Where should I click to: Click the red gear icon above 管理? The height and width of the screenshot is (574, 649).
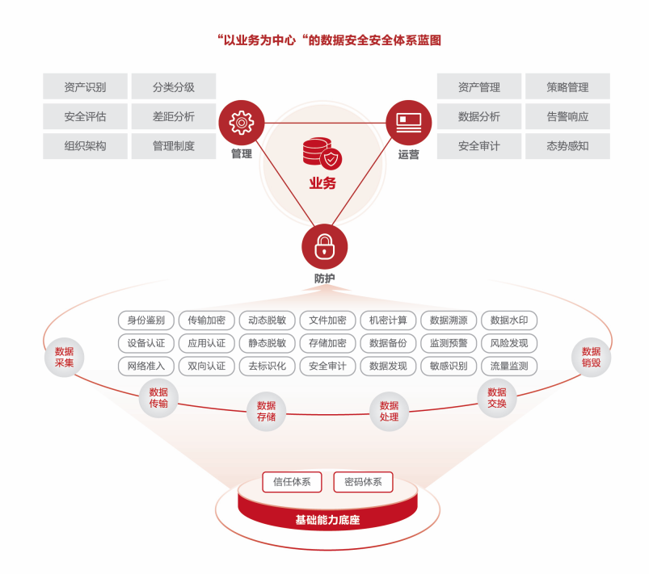point(241,123)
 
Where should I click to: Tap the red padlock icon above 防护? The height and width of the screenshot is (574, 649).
point(324,246)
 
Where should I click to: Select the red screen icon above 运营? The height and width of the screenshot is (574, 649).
point(408,123)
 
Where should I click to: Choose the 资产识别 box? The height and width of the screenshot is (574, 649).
point(85,87)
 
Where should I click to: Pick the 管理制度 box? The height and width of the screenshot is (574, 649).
point(174,146)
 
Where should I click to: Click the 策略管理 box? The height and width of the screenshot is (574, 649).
point(567,87)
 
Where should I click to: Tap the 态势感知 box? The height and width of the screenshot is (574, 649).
point(567,146)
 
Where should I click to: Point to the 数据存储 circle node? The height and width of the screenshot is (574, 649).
point(266,411)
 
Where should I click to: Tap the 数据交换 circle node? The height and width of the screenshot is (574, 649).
point(496,397)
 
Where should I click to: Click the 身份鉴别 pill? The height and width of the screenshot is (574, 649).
point(145,320)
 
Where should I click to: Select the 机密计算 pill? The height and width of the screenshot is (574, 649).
point(388,320)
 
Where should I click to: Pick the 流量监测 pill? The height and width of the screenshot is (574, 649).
point(509,366)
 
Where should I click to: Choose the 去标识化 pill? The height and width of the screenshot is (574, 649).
point(267,366)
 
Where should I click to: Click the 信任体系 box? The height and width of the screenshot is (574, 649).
point(292,482)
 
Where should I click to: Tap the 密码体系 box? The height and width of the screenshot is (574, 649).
point(363,482)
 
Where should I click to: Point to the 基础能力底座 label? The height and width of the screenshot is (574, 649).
point(327,520)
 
